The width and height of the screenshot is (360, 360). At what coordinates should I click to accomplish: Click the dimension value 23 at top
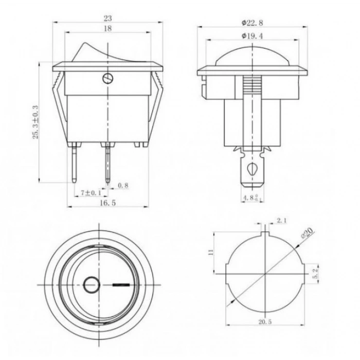(107, 17)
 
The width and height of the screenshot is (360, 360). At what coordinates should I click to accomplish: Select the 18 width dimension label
(107, 29)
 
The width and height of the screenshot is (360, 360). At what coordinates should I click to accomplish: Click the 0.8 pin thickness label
(123, 185)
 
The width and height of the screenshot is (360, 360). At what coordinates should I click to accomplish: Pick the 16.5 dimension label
(107, 204)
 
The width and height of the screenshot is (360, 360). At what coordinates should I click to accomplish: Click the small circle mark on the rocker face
(91, 284)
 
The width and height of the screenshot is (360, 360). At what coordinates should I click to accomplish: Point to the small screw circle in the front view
(107, 78)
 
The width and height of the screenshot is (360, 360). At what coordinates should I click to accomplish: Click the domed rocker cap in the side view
(252, 56)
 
